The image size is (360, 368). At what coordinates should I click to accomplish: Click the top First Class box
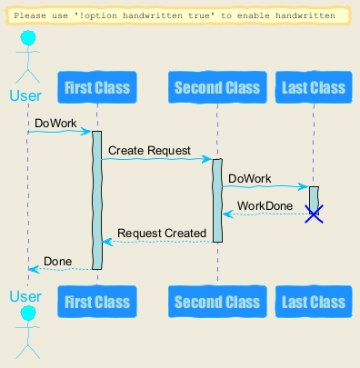(x=97, y=87)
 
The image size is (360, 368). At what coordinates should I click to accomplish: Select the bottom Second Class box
(x=217, y=302)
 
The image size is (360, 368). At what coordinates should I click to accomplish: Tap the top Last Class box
(x=314, y=87)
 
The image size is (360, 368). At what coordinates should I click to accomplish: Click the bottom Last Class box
(x=314, y=302)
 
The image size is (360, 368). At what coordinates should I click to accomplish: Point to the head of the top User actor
(x=28, y=38)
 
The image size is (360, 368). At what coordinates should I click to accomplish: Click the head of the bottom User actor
(x=28, y=313)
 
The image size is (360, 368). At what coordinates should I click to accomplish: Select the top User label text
(x=25, y=95)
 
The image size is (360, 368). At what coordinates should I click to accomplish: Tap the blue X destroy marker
(x=314, y=214)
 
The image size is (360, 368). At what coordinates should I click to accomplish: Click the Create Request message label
(x=149, y=151)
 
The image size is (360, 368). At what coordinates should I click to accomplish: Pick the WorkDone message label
(x=265, y=206)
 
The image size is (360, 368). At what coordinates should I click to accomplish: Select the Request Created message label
(x=162, y=234)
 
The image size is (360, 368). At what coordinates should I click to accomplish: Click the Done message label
(x=57, y=261)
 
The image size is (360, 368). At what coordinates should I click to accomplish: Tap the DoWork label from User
(x=55, y=124)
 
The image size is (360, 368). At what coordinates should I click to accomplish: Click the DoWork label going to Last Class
(x=250, y=178)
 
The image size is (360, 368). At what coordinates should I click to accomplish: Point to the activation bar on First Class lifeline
(x=97, y=200)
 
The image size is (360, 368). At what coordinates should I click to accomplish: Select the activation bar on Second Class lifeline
(x=217, y=201)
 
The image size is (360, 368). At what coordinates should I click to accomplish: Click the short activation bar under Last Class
(x=314, y=200)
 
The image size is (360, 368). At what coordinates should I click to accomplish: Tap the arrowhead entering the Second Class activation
(x=207, y=159)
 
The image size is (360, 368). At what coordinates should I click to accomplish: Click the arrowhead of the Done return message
(x=34, y=269)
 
